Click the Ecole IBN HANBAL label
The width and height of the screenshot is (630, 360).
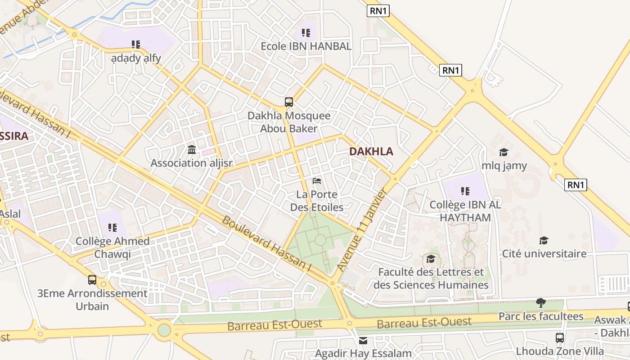click(x=306, y=46)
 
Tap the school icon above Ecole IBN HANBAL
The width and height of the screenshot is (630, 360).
click(x=306, y=32)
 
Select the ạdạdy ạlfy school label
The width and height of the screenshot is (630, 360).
click(x=136, y=58)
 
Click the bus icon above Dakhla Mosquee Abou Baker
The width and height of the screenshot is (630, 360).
click(x=289, y=102)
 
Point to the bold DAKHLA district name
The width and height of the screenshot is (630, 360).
click(x=371, y=152)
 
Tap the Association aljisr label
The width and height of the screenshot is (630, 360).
click(x=191, y=163)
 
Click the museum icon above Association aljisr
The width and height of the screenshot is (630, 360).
click(x=191, y=149)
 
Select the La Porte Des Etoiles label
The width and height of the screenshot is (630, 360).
click(x=317, y=201)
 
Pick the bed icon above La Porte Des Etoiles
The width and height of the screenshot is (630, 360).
click(x=317, y=181)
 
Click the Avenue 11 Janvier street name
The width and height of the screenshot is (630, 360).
click(x=362, y=230)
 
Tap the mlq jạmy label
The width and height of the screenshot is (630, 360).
click(x=504, y=166)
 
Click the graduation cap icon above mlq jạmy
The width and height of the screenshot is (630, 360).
click(x=504, y=153)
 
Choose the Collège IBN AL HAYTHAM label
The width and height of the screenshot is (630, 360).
click(x=465, y=211)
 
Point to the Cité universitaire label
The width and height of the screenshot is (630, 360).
click(x=544, y=254)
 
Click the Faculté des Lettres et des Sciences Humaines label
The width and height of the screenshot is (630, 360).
click(x=431, y=279)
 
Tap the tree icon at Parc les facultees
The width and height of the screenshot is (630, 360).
click(x=541, y=303)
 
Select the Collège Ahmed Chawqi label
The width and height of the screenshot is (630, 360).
click(x=112, y=247)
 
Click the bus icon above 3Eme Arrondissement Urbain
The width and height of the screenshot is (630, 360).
click(x=92, y=280)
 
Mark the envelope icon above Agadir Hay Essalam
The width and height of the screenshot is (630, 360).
click(x=363, y=341)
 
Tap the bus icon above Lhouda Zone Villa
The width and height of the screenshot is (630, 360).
click(x=560, y=337)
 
